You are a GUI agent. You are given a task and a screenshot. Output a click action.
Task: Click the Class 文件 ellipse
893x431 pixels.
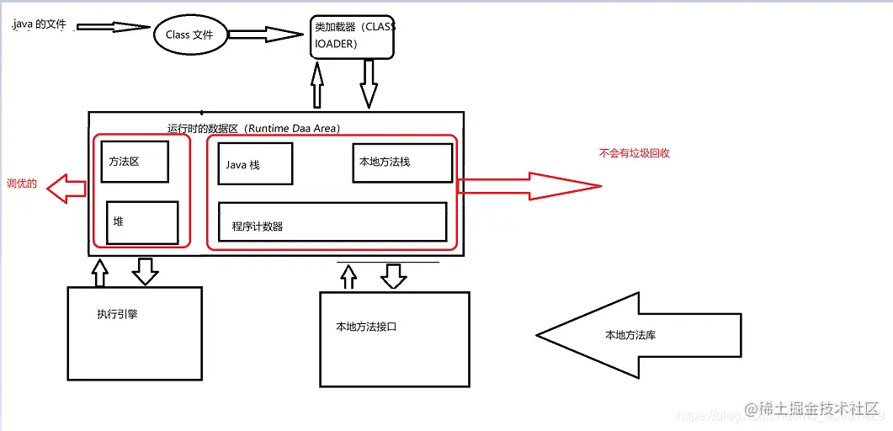click(x=189, y=35)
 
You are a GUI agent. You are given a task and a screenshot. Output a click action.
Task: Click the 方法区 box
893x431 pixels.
click(x=134, y=162)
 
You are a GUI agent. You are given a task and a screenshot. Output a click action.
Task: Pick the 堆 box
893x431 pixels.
click(x=142, y=222)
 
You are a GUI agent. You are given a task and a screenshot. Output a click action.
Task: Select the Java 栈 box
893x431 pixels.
click(x=255, y=164)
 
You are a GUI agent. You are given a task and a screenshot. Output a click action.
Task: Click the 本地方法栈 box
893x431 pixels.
click(x=401, y=162)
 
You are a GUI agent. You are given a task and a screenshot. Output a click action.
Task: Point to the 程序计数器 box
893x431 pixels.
click(x=332, y=221)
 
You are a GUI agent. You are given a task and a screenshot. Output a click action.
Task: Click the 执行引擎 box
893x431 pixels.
click(x=135, y=333)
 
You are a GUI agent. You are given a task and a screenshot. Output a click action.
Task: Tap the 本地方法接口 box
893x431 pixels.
click(x=394, y=339)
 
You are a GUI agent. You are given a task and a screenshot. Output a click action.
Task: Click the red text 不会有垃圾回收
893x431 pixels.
click(x=634, y=154)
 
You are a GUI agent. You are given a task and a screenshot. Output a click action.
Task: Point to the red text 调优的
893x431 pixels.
click(x=22, y=184)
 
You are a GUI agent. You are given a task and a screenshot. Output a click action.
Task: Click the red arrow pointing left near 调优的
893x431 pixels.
click(x=66, y=189)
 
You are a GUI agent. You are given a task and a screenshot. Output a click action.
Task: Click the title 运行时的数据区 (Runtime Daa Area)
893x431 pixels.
click(x=253, y=128)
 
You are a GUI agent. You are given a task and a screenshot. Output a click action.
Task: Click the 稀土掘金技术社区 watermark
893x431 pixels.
click(x=811, y=409)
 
